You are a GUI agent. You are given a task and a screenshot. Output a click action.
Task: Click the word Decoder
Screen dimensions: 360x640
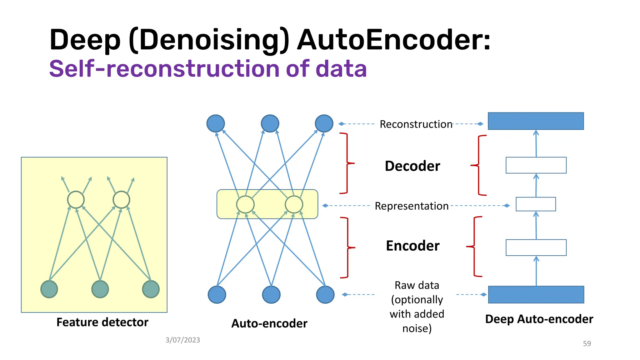tap(412, 166)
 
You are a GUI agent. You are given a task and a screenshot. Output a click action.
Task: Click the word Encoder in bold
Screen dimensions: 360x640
tap(412, 246)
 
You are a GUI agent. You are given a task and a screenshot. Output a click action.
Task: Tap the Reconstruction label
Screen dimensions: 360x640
tap(416, 124)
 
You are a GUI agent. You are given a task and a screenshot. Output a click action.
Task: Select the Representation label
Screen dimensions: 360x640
tap(412, 206)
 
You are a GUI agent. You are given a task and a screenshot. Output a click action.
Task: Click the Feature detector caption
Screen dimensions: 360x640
tap(102, 322)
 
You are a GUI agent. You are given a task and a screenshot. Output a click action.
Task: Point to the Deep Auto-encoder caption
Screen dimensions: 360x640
tap(539, 319)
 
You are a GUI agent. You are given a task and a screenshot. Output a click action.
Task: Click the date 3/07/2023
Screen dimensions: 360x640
tap(182, 340)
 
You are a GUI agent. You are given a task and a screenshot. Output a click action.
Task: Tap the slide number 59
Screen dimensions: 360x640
tap(587, 344)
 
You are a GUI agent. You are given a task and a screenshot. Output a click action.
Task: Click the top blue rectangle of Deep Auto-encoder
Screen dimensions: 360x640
tap(536, 121)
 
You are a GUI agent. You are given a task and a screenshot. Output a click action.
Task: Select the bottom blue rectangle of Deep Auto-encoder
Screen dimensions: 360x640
tap(536, 295)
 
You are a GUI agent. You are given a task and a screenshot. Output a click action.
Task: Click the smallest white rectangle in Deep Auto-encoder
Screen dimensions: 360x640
tap(536, 204)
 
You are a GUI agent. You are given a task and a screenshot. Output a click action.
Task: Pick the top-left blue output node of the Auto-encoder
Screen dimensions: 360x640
tap(216, 123)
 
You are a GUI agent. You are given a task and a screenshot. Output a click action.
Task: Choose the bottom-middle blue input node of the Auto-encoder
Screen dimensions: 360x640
tap(271, 295)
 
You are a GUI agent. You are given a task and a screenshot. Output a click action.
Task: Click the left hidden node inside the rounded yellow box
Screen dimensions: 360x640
tap(245, 205)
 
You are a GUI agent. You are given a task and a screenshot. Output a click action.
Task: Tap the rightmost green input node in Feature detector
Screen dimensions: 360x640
tap(151, 289)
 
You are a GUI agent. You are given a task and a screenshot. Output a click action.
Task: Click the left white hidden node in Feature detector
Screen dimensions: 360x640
tap(76, 200)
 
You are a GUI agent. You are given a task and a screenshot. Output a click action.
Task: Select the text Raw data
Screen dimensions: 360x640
tap(417, 285)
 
